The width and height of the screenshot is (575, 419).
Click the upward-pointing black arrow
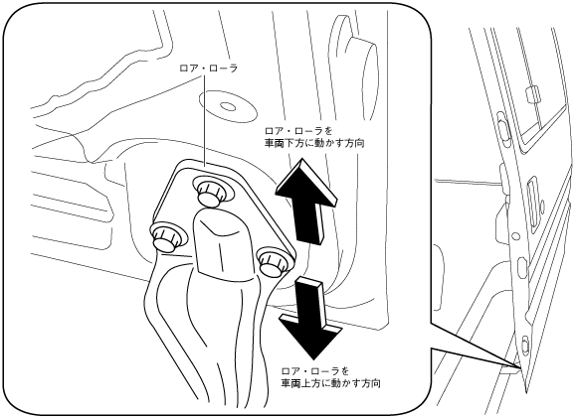click(307, 201)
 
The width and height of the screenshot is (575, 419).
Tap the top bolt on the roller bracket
click(209, 192)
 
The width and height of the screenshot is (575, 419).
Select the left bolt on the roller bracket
click(164, 238)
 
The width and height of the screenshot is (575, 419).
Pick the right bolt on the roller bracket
click(272, 262)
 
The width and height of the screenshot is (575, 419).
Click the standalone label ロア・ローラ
click(208, 69)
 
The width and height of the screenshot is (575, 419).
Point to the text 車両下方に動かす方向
click(314, 143)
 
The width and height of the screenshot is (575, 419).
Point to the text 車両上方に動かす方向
click(330, 383)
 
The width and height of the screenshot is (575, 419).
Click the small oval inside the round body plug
click(228, 106)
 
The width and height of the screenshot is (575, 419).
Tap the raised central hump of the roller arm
click(221, 242)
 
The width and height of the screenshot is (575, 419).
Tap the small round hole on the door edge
click(515, 235)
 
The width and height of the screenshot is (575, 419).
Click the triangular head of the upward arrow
click(307, 182)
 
